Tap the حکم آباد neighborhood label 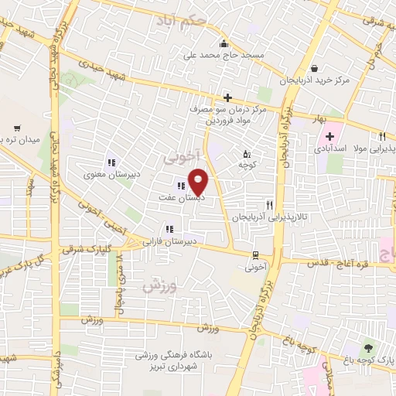pyautogui.click(x=181, y=18)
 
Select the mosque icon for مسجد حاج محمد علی pyautogui.click(x=223, y=43)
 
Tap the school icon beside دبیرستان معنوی pyautogui.click(x=111, y=162)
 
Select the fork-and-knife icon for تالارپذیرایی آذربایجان pyautogui.click(x=269, y=205)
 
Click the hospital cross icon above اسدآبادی pyautogui.click(x=329, y=136)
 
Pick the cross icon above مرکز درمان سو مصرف pyautogui.click(x=227, y=97)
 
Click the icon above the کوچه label pyautogui.click(x=247, y=153)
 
